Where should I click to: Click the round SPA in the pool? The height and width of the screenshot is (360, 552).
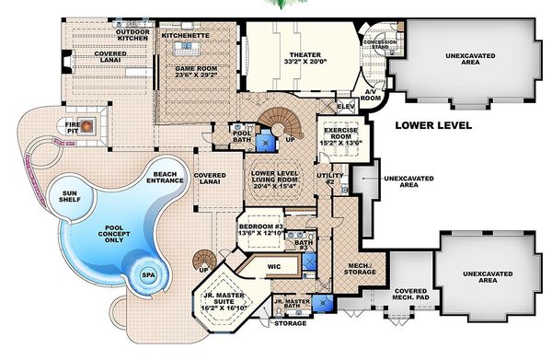tap(147, 274)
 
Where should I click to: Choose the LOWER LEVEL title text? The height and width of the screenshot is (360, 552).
tap(435, 124)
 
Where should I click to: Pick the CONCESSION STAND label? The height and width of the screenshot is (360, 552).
tap(379, 44)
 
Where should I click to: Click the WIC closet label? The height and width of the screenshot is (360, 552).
tap(273, 264)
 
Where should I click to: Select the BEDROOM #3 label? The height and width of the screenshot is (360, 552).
tap(264, 230)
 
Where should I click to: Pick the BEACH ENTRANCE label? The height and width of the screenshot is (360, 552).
tap(166, 177)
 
